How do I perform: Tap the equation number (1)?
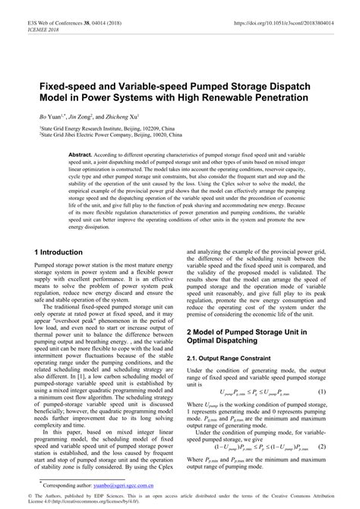pos(321,391)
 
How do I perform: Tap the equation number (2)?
pos(321,448)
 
